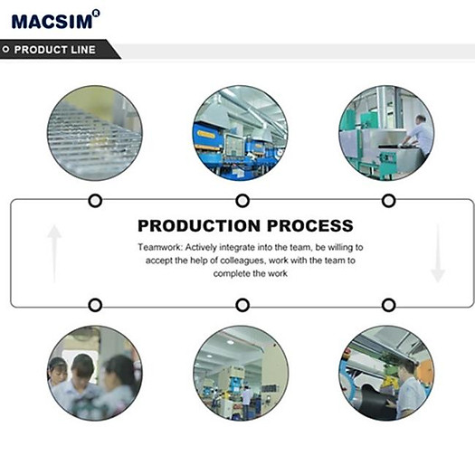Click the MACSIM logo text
click(x=52, y=22)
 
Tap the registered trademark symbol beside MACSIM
click(x=96, y=14)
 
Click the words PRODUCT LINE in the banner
click(x=55, y=50)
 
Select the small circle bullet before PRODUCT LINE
click(x=5, y=49)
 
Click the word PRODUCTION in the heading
click(x=199, y=225)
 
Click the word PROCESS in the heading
click(x=310, y=225)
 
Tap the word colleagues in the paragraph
click(x=242, y=261)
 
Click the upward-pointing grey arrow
click(x=54, y=254)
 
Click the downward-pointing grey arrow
click(x=438, y=254)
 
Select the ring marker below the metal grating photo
click(x=95, y=201)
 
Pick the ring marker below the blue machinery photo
click(x=242, y=201)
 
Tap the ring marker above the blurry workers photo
click(x=95, y=305)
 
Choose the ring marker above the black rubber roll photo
click(x=389, y=305)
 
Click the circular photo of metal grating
click(x=94, y=133)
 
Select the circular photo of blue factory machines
click(x=241, y=133)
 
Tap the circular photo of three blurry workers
click(x=94, y=373)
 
